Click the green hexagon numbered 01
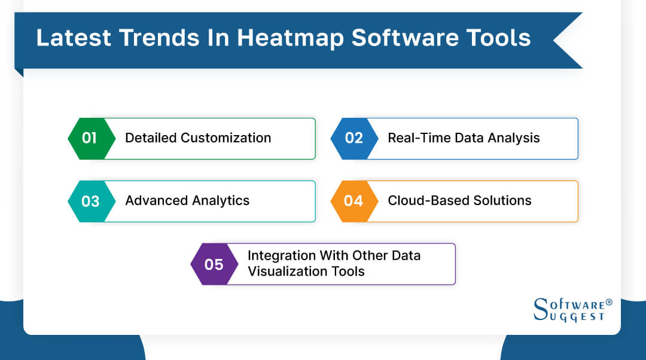tap(90, 138)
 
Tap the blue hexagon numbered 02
tap(354, 138)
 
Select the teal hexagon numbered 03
tap(90, 201)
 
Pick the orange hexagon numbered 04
tap(354, 201)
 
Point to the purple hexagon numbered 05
tap(214, 264)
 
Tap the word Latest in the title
tap(73, 38)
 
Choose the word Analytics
tap(220, 201)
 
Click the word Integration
tap(281, 255)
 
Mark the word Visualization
tap(285, 271)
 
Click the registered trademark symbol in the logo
tap(609, 303)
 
